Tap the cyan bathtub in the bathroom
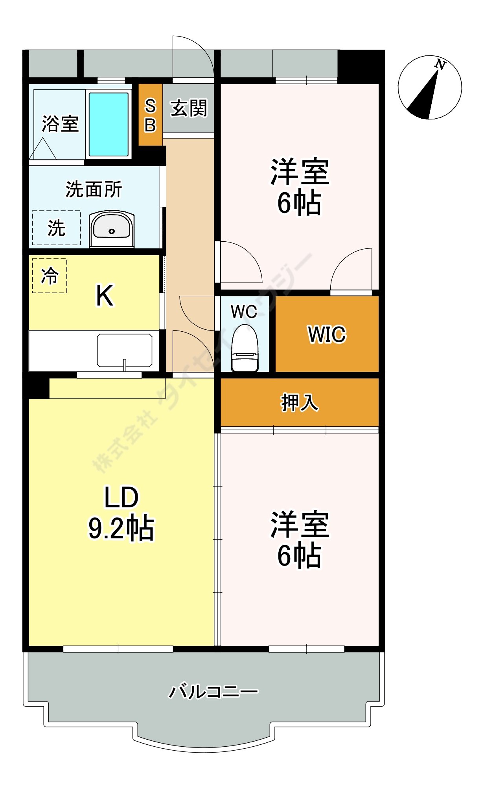click(109, 124)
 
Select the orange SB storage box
click(150, 115)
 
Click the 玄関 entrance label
click(189, 108)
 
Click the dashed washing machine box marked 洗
click(56, 228)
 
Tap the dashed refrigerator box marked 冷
click(50, 275)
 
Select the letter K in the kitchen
click(105, 296)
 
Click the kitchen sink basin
click(125, 350)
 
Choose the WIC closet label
click(327, 334)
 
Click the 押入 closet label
click(300, 402)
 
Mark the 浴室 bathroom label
click(60, 124)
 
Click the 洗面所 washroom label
click(94, 189)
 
